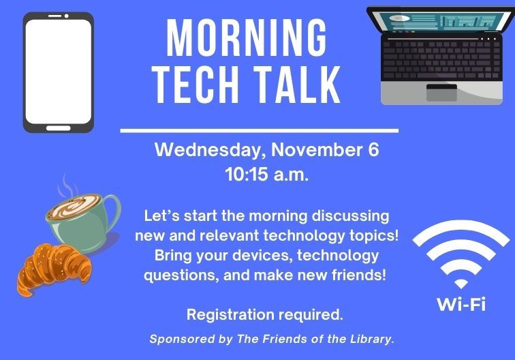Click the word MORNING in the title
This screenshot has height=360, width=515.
pos(247,39)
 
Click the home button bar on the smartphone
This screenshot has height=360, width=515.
pos(58,127)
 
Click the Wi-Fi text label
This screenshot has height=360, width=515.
pos(461,303)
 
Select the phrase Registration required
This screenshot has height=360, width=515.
pos(265,315)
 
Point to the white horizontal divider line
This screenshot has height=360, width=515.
pos(259,130)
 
